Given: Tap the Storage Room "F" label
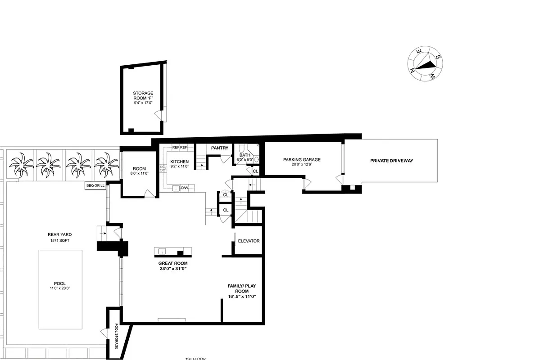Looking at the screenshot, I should click(x=143, y=96).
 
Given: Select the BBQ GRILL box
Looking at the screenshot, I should click(x=95, y=185).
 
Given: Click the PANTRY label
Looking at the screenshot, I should click(x=220, y=148).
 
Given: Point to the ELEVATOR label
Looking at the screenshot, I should click(x=249, y=241).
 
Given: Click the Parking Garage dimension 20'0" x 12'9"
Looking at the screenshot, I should click(x=302, y=165).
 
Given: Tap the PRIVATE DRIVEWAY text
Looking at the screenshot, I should click(x=391, y=161).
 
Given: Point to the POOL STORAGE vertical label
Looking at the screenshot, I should click(x=116, y=336).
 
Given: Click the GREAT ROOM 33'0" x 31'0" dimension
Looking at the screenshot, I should click(x=172, y=269).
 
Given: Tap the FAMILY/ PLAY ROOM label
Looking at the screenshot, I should click(x=241, y=288).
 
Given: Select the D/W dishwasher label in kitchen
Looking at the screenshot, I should click(x=185, y=188).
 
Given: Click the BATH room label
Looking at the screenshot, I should click(x=245, y=155).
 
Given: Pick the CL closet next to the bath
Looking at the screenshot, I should click(x=255, y=171).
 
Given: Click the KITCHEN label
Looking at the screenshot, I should click(x=179, y=162).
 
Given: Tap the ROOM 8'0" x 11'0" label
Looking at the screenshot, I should click(x=139, y=171).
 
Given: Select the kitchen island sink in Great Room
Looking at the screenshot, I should click(x=162, y=251).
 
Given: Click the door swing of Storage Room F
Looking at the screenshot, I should click(x=159, y=114).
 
